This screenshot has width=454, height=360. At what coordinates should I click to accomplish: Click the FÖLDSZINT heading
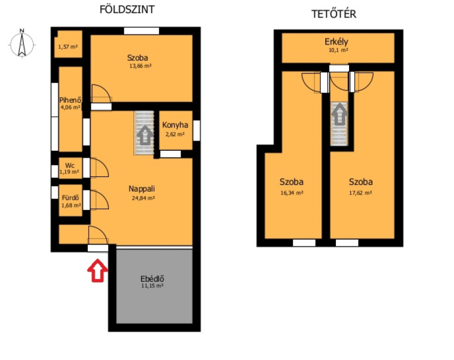(127, 9)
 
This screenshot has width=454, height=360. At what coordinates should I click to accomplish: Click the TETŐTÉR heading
(334, 14)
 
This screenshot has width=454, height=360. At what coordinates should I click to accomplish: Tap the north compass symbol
(22, 44)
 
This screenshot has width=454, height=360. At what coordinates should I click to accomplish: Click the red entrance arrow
(98, 270)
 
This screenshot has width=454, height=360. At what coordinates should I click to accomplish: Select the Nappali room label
(141, 189)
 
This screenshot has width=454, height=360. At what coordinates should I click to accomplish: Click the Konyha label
(175, 125)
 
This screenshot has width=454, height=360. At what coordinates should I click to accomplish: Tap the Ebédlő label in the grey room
(152, 279)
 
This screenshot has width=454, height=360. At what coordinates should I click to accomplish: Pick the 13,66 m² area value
(140, 66)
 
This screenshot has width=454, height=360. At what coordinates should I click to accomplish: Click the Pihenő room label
(70, 100)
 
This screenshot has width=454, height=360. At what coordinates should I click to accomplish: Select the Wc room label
(70, 166)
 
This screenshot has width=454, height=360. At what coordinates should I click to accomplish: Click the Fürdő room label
(70, 198)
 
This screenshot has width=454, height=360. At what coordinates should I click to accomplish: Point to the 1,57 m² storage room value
(68, 46)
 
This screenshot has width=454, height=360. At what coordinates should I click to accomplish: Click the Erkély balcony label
(336, 42)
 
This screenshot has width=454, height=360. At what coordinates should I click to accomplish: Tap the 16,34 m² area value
(292, 193)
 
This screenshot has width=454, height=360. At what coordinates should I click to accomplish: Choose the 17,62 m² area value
(360, 193)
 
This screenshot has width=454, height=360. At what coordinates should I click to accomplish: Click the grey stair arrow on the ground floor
(145, 135)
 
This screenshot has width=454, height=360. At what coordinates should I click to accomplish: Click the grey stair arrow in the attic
(339, 115)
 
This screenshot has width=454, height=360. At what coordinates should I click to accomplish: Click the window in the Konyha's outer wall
(196, 130)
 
